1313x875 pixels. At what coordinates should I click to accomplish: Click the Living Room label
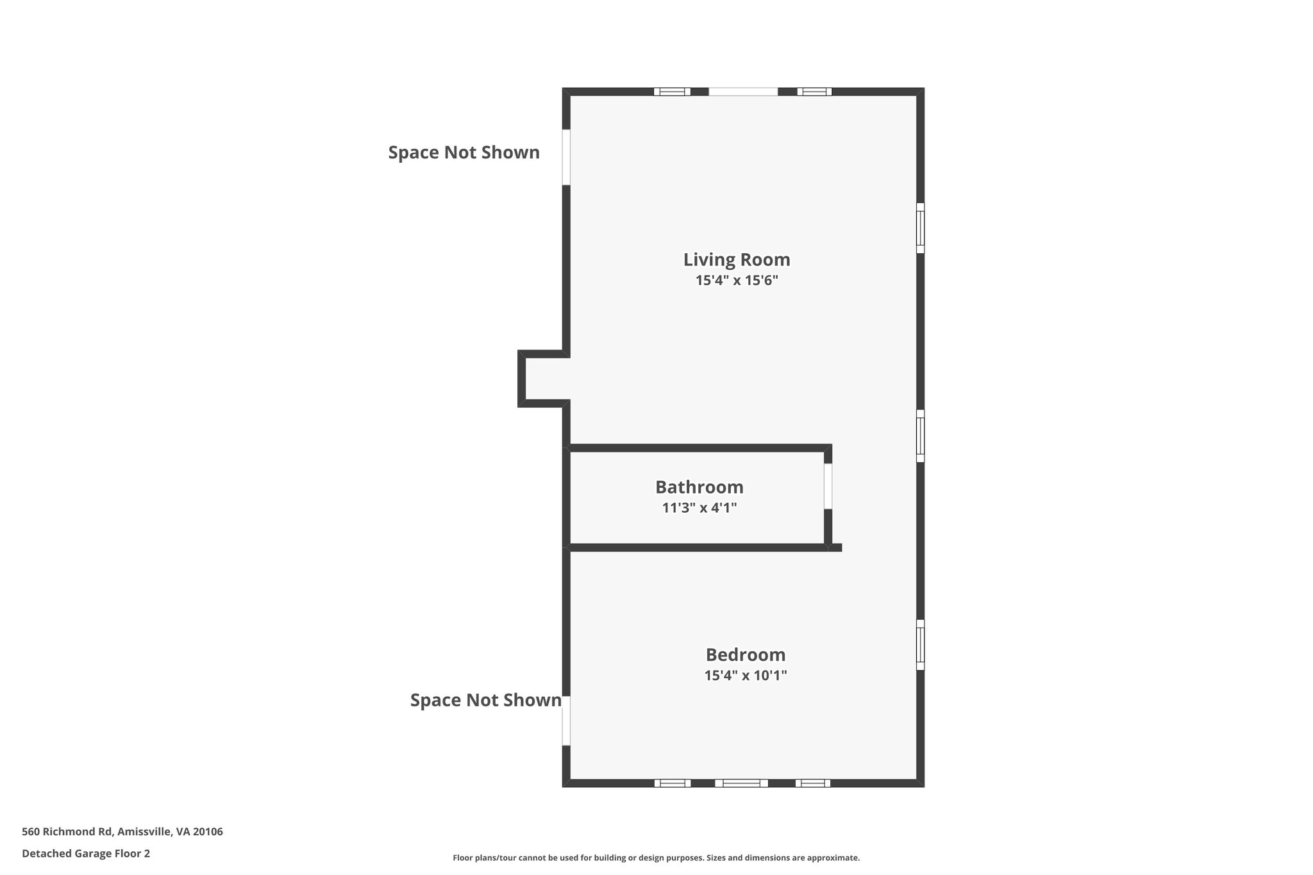(737, 260)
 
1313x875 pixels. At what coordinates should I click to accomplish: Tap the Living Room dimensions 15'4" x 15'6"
(737, 280)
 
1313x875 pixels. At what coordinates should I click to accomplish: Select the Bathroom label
(699, 487)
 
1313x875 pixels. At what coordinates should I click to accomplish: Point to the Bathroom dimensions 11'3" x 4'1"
(699, 508)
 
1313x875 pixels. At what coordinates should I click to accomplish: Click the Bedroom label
(745, 654)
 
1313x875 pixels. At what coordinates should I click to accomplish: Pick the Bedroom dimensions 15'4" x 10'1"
(745, 675)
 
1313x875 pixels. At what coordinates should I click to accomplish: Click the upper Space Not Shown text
(464, 153)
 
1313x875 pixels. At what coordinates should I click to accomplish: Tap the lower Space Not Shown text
(485, 700)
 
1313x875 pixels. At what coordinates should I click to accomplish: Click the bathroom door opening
(828, 486)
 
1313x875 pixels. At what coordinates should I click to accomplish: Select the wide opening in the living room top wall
(743, 92)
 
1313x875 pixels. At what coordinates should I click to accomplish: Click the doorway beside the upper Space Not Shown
(566, 157)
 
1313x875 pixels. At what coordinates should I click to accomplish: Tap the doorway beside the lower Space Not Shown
(566, 721)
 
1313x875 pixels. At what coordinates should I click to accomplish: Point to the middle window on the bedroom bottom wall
(741, 783)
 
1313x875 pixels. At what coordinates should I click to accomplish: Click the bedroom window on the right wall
(920, 644)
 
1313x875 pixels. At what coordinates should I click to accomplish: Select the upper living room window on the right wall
(920, 228)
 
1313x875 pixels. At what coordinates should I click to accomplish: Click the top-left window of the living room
(672, 92)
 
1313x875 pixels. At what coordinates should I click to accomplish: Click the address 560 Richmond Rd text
(122, 831)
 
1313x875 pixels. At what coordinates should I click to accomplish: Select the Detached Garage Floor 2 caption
(86, 853)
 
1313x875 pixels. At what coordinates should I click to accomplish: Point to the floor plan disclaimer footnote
(656, 858)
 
